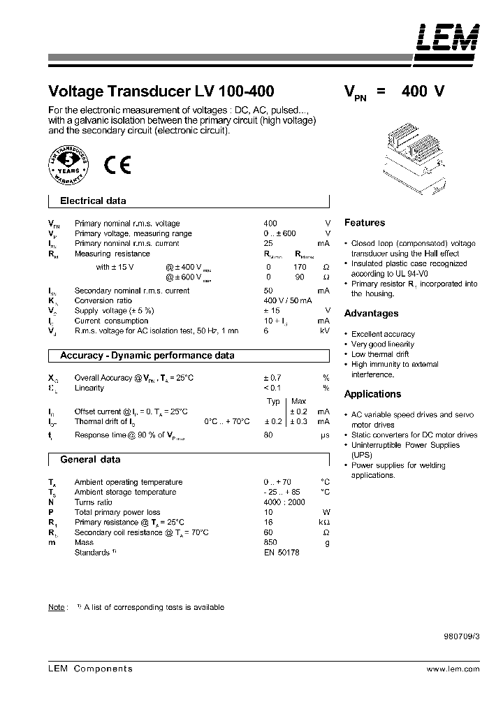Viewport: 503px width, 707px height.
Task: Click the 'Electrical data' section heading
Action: pos(93,201)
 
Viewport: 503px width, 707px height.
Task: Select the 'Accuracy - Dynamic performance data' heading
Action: pos(147,356)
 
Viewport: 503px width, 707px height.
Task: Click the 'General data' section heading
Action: pos(90,460)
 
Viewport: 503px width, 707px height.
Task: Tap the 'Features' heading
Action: pos(365,223)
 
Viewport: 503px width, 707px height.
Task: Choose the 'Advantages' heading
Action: pos(371,314)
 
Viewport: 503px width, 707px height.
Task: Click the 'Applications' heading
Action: pos(372,394)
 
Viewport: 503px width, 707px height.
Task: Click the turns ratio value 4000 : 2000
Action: pos(284,502)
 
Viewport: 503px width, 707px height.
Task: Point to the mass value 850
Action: pos(270,542)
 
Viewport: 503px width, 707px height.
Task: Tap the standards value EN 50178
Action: pos(281,553)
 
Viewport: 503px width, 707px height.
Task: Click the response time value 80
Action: pos(268,435)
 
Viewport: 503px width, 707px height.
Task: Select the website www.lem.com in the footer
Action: pos(453,669)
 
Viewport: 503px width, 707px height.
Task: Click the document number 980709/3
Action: pos(461,637)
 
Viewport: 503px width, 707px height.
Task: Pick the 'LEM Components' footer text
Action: pos(90,669)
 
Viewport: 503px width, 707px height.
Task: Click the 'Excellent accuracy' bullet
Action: pos(383,334)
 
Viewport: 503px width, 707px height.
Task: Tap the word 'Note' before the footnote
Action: pos(56,607)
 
